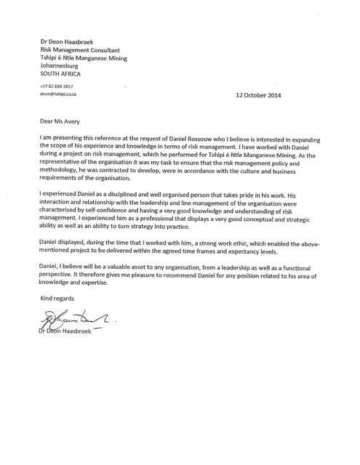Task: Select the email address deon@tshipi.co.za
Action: click(59, 94)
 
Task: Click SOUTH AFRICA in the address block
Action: click(60, 74)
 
